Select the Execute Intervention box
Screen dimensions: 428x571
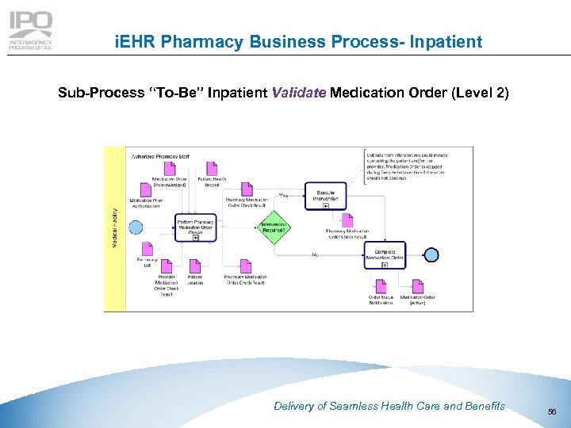click(x=325, y=196)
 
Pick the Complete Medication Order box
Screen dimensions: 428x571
click(x=385, y=254)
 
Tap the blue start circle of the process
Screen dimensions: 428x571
click(x=136, y=227)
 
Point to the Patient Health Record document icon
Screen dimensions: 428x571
click(x=212, y=169)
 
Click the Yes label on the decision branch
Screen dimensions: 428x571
click(x=283, y=196)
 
